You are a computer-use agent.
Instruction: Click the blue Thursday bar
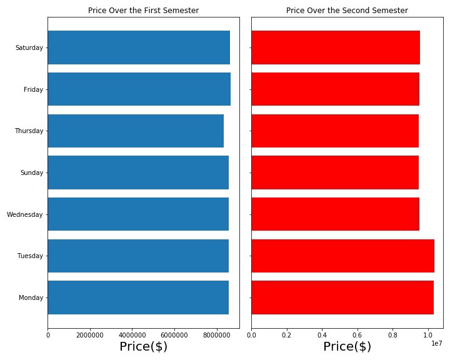136,131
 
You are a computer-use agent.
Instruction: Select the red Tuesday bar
342,256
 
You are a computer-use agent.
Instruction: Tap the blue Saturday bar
139,47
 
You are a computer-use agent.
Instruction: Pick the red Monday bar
342,297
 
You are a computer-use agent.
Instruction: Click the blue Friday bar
139,89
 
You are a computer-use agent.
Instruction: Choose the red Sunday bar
335,172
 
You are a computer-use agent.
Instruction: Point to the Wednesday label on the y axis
25,214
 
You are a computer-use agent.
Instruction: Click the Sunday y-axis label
32,172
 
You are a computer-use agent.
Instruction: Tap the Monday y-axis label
31,297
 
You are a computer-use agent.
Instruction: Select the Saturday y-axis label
29,47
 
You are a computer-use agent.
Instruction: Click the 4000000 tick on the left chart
132,335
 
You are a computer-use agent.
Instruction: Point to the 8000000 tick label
217,335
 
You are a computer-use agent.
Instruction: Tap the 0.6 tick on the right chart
357,335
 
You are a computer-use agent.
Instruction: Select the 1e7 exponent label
436,343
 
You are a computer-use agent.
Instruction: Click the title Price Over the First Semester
143,11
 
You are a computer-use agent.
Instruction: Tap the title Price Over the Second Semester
347,11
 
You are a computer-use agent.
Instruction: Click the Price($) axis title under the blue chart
143,346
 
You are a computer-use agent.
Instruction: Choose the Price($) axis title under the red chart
347,346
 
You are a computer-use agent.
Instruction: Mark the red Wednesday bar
335,214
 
